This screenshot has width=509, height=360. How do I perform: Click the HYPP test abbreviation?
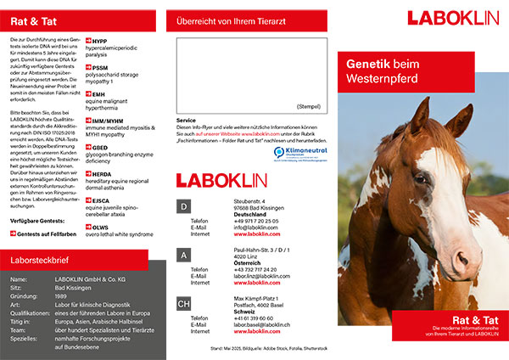pos(100,40)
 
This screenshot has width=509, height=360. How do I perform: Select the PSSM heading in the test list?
pos(101,67)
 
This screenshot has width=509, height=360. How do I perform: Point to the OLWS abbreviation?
pos(101,227)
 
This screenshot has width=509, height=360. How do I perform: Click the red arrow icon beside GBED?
pos(88,147)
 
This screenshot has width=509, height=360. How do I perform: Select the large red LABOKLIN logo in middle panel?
pos(227,179)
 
